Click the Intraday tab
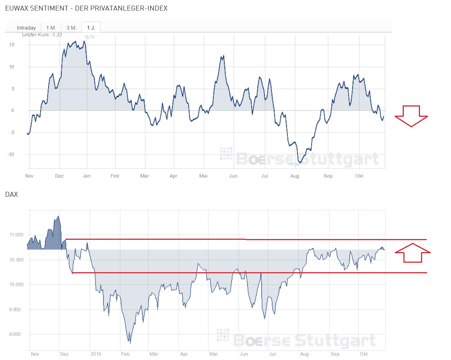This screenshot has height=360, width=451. coord(26,28)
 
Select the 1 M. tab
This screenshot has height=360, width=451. coord(51,28)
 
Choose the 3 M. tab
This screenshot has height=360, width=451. coord(71,28)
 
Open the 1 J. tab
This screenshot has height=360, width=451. coord(91,28)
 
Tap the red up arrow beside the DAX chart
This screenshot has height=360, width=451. coord(413,252)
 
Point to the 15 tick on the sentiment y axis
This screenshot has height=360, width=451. coord(12,45)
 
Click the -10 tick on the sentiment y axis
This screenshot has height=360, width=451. coord(11,154)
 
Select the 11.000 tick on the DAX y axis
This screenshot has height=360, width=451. coord(16,235)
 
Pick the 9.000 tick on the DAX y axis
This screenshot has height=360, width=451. coord(15,334)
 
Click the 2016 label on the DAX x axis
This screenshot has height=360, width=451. coord(95,354)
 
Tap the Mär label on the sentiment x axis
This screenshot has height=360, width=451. coord(144,176)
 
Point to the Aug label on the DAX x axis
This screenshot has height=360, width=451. coord(304,354)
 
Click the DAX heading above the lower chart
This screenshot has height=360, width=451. coord(11,194)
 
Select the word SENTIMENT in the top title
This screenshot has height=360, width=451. coord(49,8)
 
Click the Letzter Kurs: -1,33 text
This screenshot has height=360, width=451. coord(42,35)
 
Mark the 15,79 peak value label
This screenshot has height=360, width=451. coord(89,37)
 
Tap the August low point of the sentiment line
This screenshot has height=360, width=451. coord(300,163)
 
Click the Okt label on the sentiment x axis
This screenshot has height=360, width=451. coord(359,176)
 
